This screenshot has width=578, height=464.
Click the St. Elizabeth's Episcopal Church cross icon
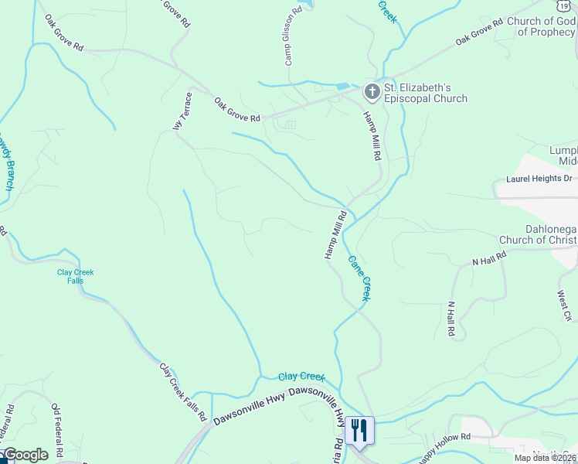point(372,92)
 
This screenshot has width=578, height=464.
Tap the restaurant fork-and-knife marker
point(359,429)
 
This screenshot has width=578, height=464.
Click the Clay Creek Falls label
point(75,276)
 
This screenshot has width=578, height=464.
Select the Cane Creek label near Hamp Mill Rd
point(360,278)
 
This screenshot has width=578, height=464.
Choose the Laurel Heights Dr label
point(539,179)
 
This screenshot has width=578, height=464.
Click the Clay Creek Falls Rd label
point(182,391)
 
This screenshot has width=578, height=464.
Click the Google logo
point(25,454)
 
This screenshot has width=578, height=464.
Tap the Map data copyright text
point(545,458)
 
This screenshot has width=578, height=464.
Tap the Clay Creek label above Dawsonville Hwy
point(301,377)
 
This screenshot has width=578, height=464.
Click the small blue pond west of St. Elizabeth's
point(342,85)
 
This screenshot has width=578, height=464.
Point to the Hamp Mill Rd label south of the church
point(373,135)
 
